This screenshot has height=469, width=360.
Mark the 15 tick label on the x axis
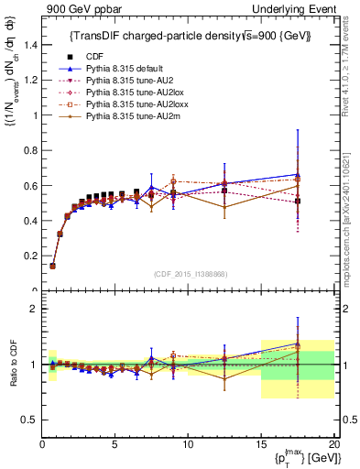click(261, 444)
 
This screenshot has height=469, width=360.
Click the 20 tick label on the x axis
click(333, 444)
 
